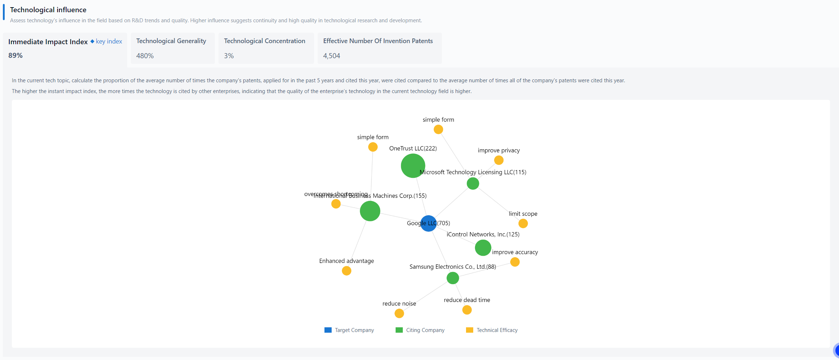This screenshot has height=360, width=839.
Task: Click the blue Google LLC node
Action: pyautogui.click(x=428, y=223)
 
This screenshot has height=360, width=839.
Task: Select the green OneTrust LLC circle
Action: pyautogui.click(x=413, y=166)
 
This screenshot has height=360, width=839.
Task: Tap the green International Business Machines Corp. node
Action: pyautogui.click(x=370, y=211)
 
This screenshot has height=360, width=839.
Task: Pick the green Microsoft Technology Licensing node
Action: pyautogui.click(x=472, y=184)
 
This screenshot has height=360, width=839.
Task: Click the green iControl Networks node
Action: pyautogui.click(x=483, y=248)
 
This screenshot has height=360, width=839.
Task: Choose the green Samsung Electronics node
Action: pyautogui.click(x=453, y=278)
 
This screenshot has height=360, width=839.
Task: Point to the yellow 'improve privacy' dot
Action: pyautogui.click(x=499, y=160)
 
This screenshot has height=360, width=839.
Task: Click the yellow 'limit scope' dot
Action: pyautogui.click(x=523, y=223)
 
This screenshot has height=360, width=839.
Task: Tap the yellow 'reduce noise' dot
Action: pyautogui.click(x=399, y=313)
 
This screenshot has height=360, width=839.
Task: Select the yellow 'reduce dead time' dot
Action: pyautogui.click(x=467, y=310)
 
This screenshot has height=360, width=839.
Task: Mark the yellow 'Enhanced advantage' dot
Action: pyautogui.click(x=346, y=271)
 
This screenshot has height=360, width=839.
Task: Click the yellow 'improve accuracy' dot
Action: pyautogui.click(x=515, y=262)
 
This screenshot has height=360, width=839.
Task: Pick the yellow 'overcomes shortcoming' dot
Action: pyautogui.click(x=336, y=204)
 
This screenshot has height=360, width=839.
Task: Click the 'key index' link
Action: pyautogui.click(x=109, y=41)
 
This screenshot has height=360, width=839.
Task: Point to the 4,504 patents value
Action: pyautogui.click(x=331, y=56)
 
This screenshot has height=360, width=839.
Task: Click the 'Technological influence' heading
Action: pyautogui.click(x=48, y=10)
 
